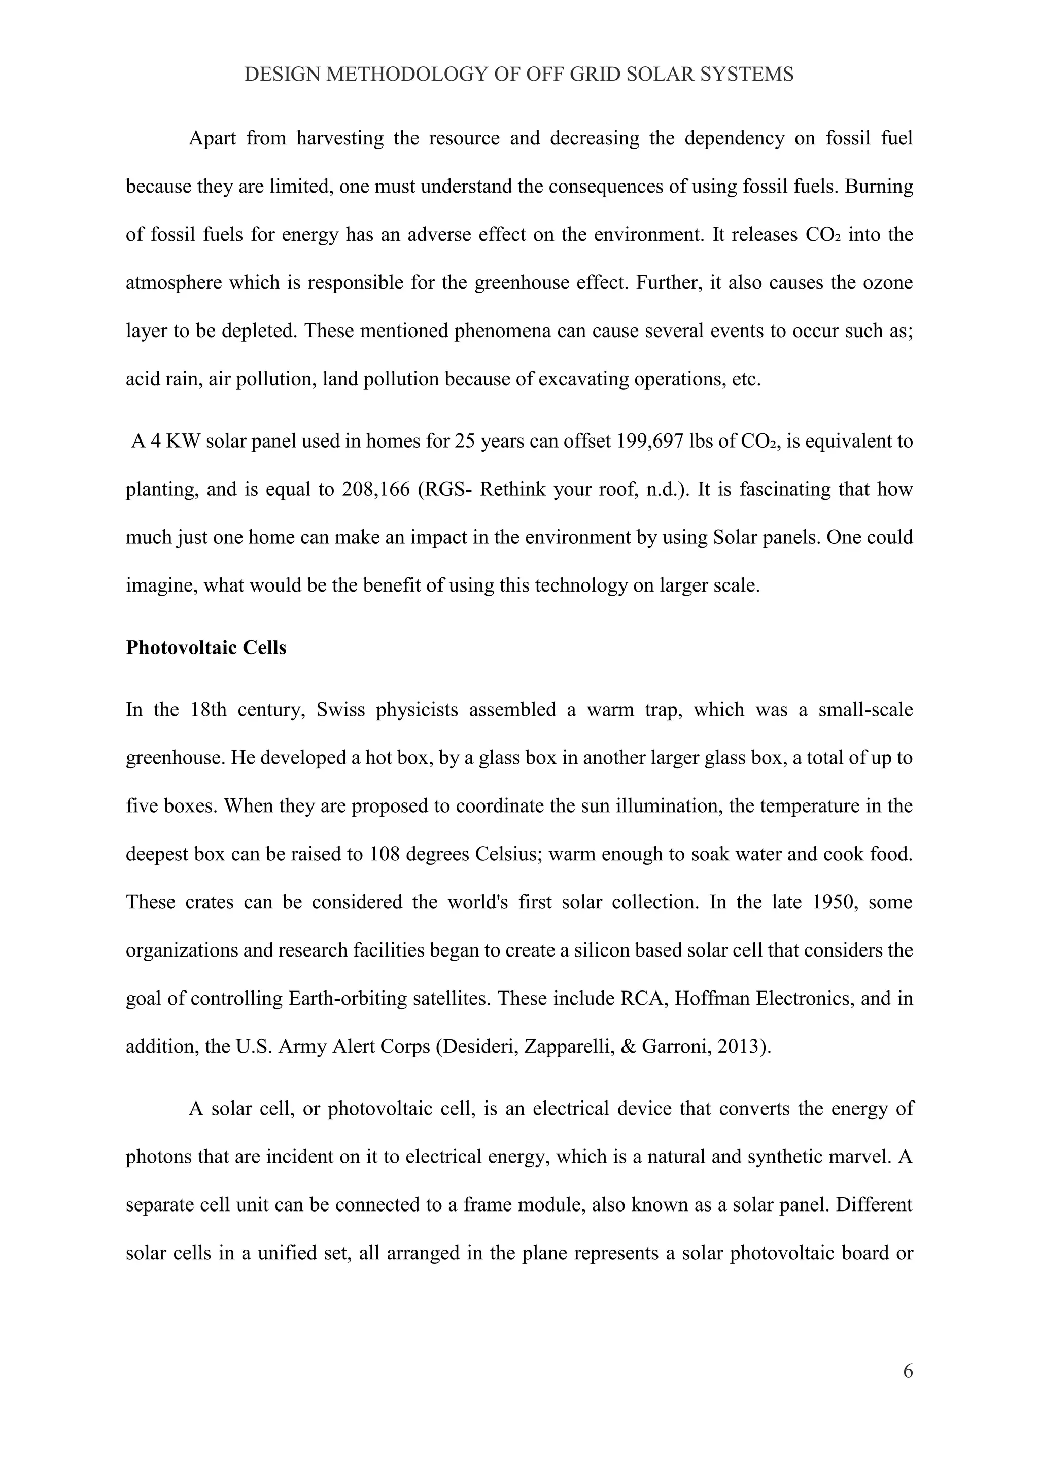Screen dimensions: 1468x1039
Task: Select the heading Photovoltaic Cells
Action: [x=206, y=648]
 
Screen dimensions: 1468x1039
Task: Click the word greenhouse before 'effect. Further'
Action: [x=515, y=283]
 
